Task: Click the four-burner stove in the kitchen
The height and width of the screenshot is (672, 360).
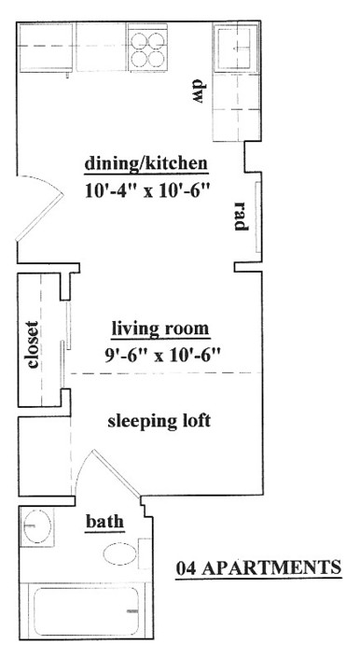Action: [x=146, y=48]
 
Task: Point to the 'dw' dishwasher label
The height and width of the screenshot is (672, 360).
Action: [x=197, y=91]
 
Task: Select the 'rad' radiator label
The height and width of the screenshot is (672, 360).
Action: [x=241, y=216]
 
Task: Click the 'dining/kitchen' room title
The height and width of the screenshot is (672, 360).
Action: [x=146, y=164]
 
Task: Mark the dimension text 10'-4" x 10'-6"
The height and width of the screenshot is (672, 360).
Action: [x=148, y=190]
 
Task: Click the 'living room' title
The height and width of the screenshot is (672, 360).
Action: [x=160, y=329]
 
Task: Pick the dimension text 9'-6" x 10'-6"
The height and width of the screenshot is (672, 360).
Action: [x=162, y=355]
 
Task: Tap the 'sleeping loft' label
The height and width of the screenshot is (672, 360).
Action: [x=159, y=421]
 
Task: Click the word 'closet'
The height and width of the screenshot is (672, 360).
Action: [x=32, y=344]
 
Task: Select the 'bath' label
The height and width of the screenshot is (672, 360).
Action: [x=104, y=522]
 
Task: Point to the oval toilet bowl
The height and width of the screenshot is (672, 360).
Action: [x=120, y=554]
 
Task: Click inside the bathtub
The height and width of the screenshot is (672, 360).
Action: [x=86, y=611]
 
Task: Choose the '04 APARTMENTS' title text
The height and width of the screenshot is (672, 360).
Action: [x=259, y=567]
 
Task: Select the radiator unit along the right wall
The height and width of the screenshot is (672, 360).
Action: [x=257, y=217]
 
